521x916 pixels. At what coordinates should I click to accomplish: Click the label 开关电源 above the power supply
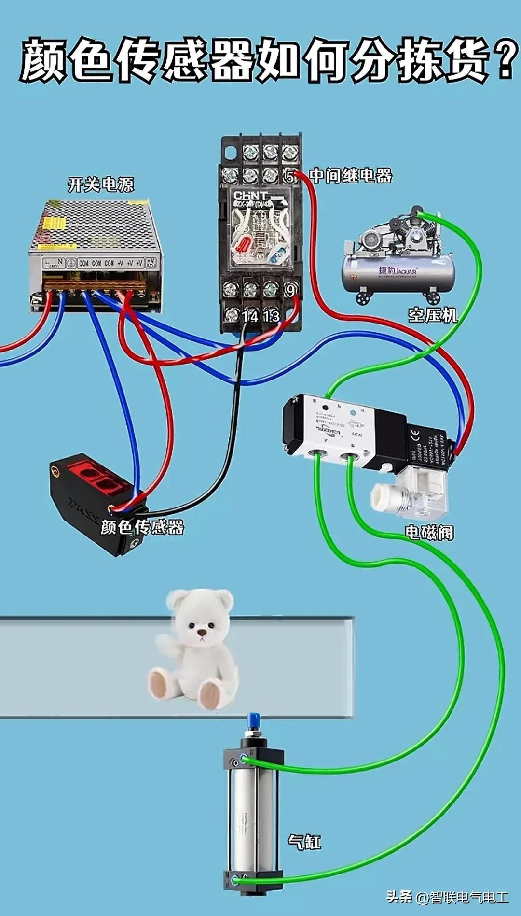(101, 184)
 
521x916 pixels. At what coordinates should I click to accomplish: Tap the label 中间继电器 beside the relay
(351, 175)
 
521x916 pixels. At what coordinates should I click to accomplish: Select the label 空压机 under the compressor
(433, 315)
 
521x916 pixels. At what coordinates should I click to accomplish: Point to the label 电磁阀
(429, 532)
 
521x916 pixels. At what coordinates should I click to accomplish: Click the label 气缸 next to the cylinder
(304, 842)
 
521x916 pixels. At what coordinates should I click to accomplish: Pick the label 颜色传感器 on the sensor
(142, 527)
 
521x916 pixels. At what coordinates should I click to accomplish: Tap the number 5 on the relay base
(289, 176)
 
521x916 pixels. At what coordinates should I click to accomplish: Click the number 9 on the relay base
(290, 290)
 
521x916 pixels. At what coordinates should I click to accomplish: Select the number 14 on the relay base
(250, 316)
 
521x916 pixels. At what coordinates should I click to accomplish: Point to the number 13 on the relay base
(271, 316)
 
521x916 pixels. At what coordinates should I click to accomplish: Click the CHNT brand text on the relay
(250, 196)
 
